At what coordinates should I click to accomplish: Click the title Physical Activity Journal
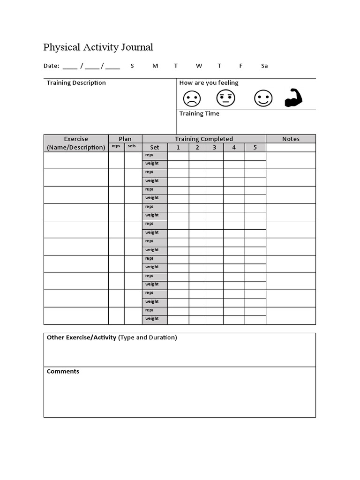tap(98, 47)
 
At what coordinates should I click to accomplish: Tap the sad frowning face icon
tap(191, 98)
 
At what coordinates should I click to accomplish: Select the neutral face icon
tap(225, 98)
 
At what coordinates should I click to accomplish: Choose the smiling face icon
tap(263, 98)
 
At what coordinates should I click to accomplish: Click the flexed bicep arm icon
tap(294, 98)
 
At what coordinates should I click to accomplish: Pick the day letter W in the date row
tap(199, 66)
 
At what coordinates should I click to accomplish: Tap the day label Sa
tap(264, 66)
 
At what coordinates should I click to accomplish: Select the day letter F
tap(241, 66)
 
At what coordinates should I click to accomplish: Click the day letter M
tap(155, 66)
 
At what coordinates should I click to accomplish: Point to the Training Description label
tap(76, 83)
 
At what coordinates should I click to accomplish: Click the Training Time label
tap(199, 114)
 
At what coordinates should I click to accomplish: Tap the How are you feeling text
tap(209, 83)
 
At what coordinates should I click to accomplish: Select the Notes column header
tap(291, 139)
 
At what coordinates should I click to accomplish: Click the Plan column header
tap(125, 139)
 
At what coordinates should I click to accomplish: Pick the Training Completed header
tap(204, 139)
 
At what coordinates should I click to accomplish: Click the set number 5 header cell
tap(255, 147)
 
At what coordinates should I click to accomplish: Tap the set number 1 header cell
tap(178, 147)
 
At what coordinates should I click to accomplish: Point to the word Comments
tap(63, 372)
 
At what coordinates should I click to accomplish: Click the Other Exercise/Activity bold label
tap(82, 337)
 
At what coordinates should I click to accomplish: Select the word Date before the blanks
tap(51, 66)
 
